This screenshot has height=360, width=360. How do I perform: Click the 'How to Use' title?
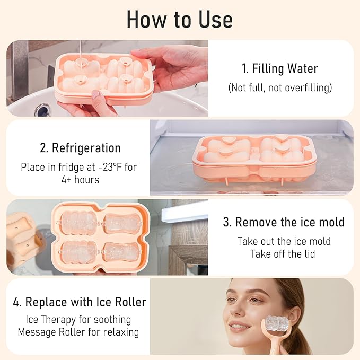pyautogui.click(x=180, y=20)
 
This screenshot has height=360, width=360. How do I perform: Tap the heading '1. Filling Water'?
pyautogui.click(x=280, y=68)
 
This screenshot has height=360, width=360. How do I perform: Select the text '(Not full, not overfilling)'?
pyautogui.click(x=280, y=88)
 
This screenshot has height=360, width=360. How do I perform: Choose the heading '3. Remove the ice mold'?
pyautogui.click(x=283, y=222)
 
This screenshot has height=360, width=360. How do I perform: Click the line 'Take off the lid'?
pyautogui.click(x=283, y=254)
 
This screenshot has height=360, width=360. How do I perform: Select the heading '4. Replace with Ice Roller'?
pyautogui.click(x=79, y=303)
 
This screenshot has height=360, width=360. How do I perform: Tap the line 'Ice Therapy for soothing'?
pyautogui.click(x=78, y=320)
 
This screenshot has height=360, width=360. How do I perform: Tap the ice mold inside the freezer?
pyautogui.click(x=253, y=157)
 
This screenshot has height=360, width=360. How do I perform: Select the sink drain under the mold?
pyautogui.click(x=42, y=110)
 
